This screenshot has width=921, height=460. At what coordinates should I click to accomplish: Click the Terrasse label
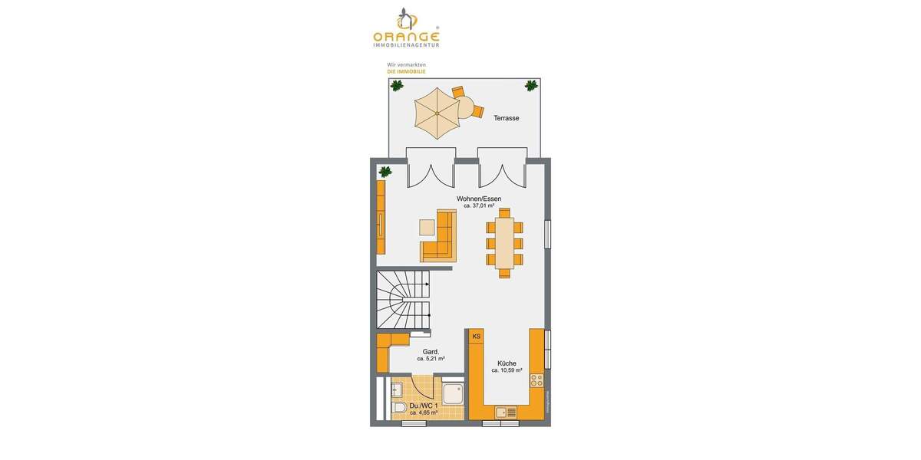coord(506,118)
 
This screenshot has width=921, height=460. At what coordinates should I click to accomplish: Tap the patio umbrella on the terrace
coord(436,113)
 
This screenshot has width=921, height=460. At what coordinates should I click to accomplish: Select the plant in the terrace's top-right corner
coord(530,86)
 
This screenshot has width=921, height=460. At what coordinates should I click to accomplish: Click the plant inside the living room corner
coord(385,172)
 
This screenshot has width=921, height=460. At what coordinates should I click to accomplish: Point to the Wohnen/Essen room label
coord(479,199)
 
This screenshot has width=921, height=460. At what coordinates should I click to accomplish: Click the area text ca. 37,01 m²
coord(479,206)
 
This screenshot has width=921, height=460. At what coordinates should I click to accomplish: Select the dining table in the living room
coord(504,243)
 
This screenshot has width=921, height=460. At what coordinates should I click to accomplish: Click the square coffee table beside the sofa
coord(427,228)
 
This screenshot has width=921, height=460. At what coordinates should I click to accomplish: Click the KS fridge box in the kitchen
coord(476,337)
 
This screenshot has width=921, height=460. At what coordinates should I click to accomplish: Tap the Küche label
coord(507,363)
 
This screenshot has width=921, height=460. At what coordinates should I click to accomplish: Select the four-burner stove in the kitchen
coord(536,379)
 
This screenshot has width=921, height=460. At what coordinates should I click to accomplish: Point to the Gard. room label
coord(431,352)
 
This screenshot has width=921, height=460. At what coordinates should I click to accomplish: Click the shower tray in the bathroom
coord(452,394)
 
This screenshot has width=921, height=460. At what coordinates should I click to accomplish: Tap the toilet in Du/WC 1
coord(399,407)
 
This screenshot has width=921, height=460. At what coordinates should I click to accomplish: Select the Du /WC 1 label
coord(424,406)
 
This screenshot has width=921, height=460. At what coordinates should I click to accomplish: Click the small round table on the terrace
coord(464,106)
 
